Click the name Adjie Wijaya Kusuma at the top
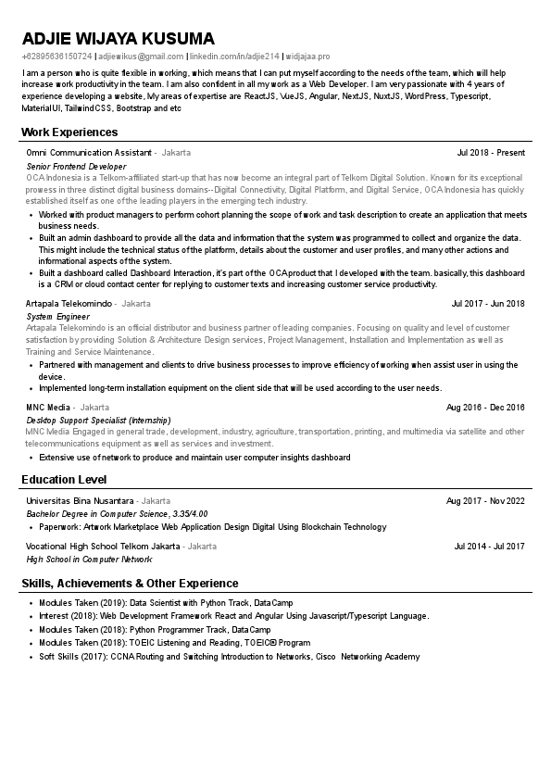pyautogui.click(x=118, y=39)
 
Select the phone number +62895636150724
pyautogui.click(x=56, y=57)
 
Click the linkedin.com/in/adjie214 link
pyautogui.click(x=234, y=57)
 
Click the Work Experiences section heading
pyautogui.click(x=69, y=132)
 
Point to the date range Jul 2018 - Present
pyautogui.click(x=491, y=152)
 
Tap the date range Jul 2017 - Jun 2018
pyautogui.click(x=488, y=303)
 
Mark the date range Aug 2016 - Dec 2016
pyautogui.click(x=485, y=407)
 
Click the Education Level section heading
pyautogui.click(x=64, y=479)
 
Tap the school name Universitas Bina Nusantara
pyautogui.click(x=80, y=500)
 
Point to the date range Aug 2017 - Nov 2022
pyautogui.click(x=485, y=500)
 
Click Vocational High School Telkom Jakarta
pyautogui.click(x=103, y=547)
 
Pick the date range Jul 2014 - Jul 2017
pyautogui.click(x=489, y=547)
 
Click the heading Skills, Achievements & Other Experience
pyautogui.click(x=130, y=583)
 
